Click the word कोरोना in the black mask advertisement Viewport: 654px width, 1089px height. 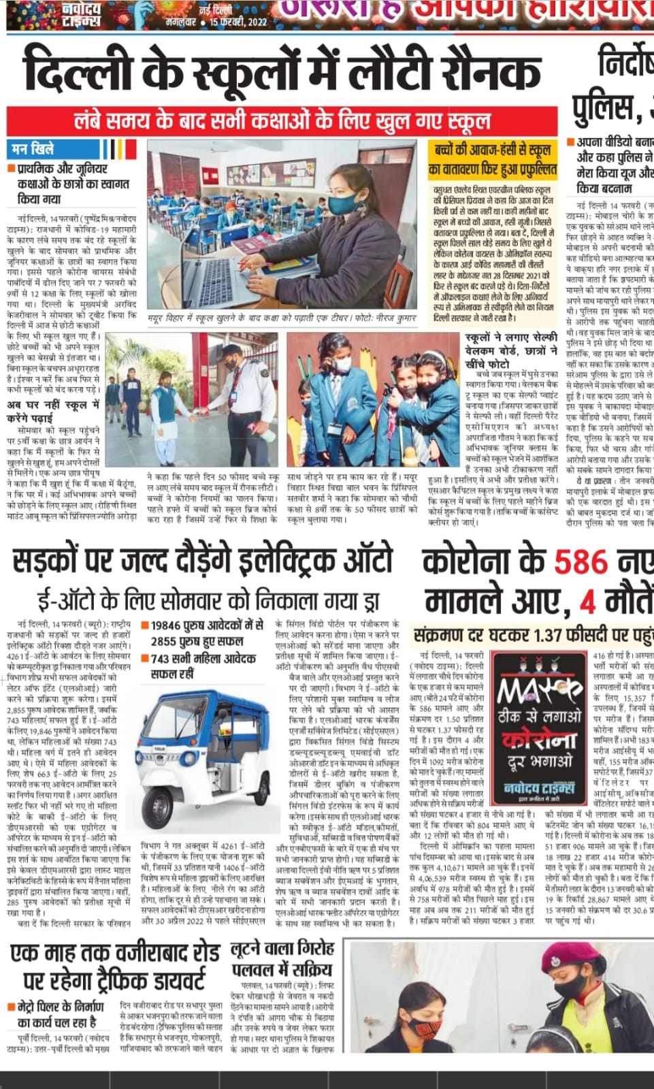(539, 740)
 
